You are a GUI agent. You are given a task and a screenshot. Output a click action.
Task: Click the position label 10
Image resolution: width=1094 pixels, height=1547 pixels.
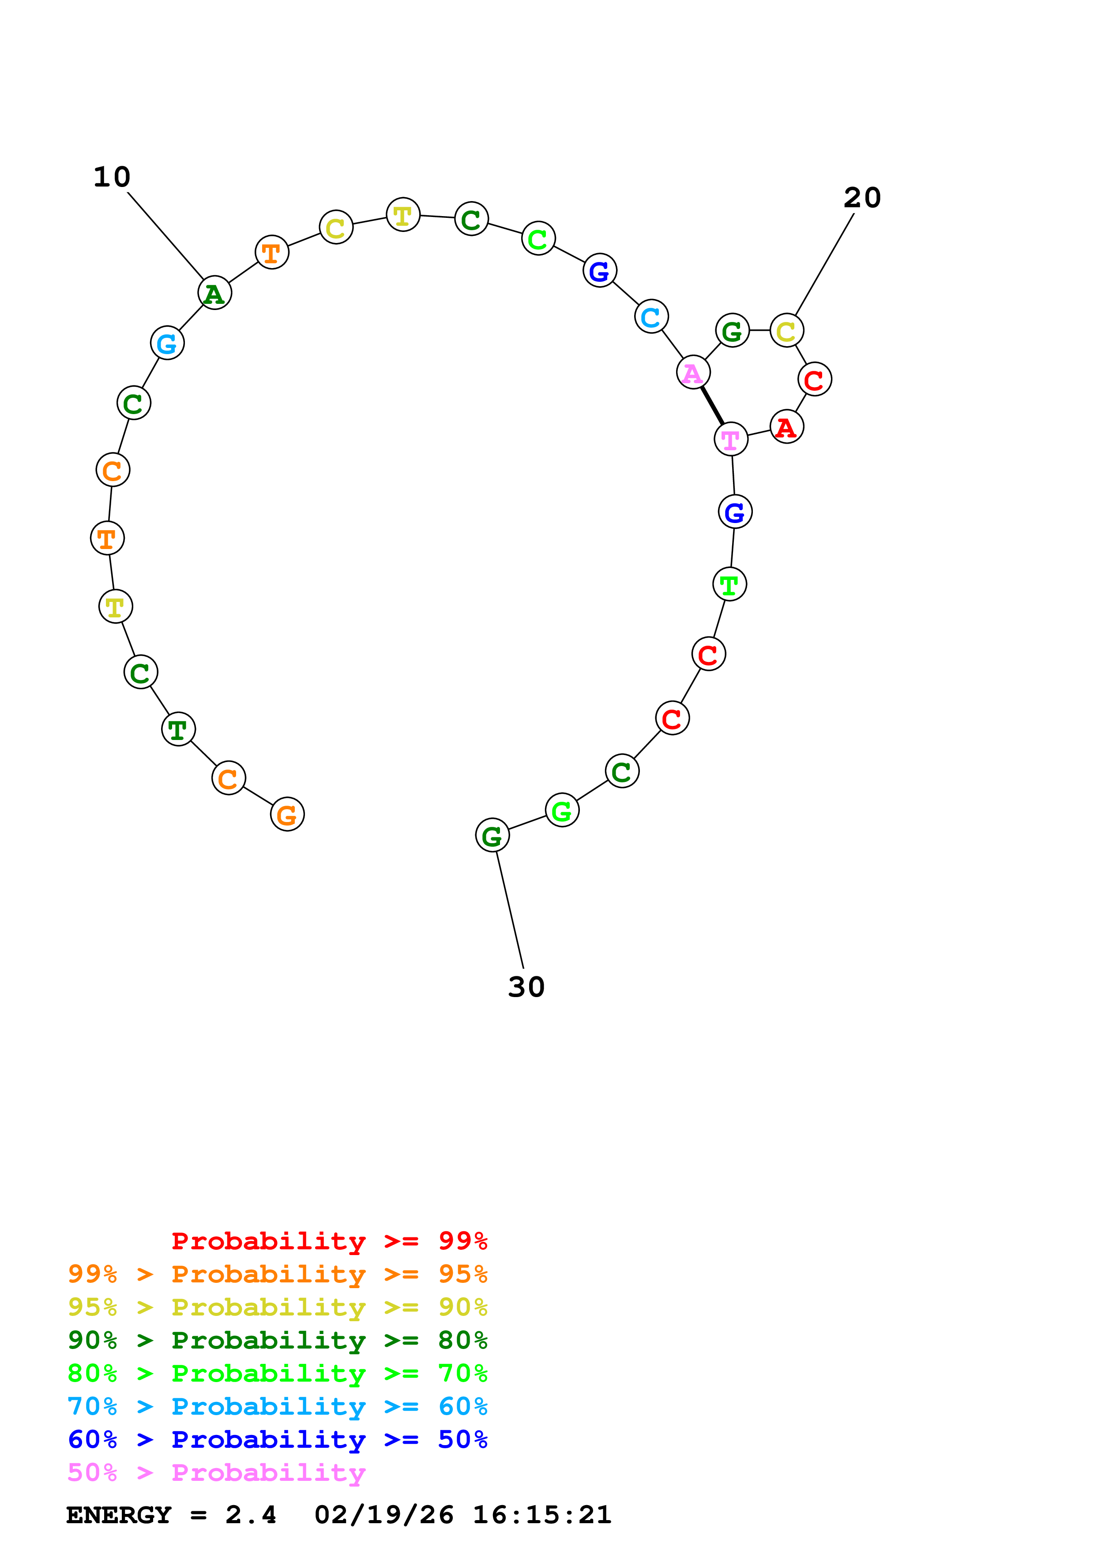[x=112, y=177]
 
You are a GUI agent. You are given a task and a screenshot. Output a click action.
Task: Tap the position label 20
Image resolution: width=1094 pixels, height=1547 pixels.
[x=862, y=198]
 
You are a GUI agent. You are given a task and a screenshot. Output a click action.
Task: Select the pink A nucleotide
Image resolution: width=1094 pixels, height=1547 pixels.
[x=693, y=373]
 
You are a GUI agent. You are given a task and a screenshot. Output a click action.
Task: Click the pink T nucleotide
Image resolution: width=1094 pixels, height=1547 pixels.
[x=731, y=439]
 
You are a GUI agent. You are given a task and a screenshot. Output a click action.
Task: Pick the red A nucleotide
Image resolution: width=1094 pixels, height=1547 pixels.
[x=786, y=427]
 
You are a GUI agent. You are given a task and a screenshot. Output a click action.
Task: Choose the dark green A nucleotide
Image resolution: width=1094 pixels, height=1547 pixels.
[x=214, y=293]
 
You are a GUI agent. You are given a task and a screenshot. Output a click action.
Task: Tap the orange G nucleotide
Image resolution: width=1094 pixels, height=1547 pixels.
[x=287, y=815]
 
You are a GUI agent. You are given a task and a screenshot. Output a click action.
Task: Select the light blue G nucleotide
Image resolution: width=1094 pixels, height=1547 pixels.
[x=167, y=344]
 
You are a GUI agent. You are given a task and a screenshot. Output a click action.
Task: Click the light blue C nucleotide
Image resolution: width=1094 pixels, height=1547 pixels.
[x=651, y=317]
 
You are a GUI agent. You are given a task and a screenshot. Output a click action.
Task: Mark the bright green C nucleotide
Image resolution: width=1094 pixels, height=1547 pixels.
[x=538, y=239]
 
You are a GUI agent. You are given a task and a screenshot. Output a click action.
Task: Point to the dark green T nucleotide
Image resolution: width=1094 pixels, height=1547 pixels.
[x=178, y=729]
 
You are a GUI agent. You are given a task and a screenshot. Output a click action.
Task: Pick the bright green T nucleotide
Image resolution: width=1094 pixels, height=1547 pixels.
[x=729, y=584]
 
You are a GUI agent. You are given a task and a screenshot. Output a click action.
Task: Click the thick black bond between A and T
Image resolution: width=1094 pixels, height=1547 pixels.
[x=712, y=406]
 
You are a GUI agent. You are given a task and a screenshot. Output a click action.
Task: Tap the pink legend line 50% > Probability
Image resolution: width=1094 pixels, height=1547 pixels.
[x=216, y=1472]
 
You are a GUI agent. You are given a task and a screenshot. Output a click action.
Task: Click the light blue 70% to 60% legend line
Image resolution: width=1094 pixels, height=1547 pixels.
[x=277, y=1406]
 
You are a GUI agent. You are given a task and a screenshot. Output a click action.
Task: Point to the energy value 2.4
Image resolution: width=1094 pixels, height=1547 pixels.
[x=251, y=1515]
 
